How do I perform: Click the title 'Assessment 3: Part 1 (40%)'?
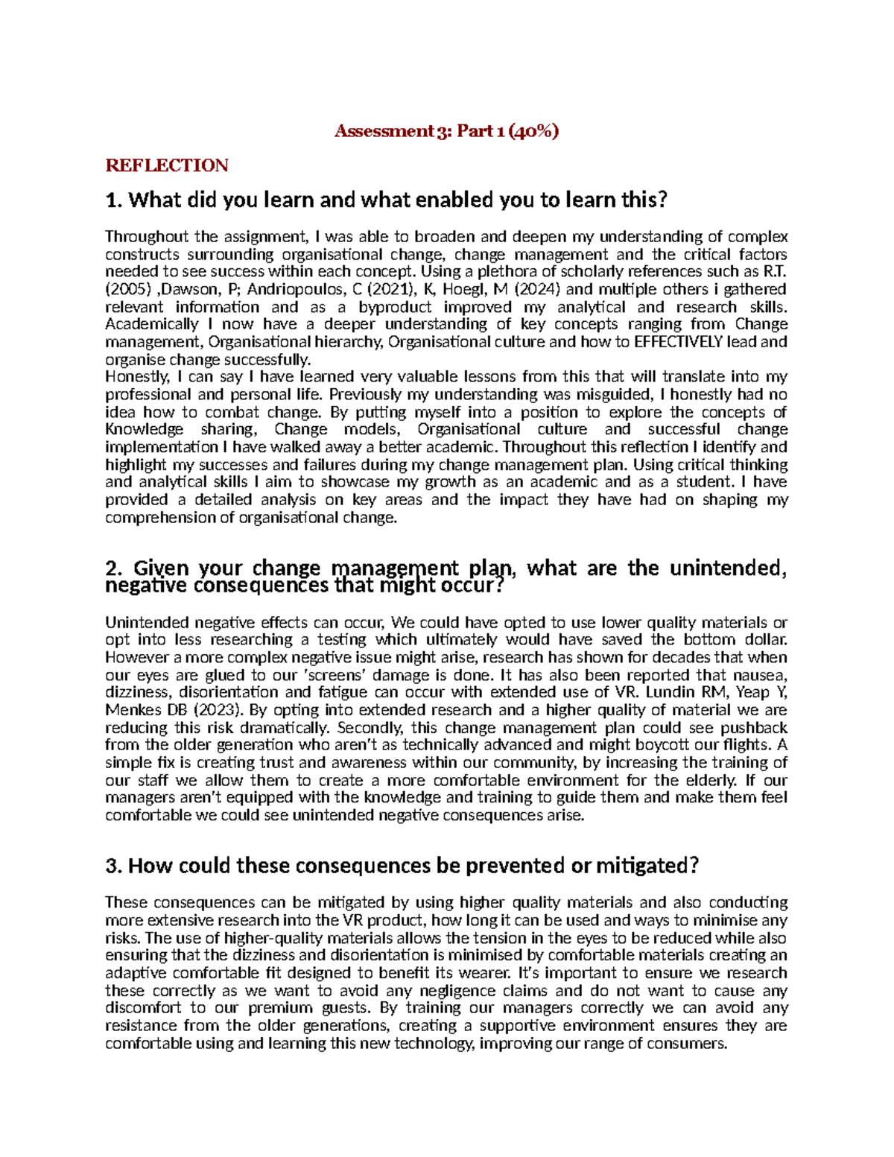pyautogui.click(x=446, y=132)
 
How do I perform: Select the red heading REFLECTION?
pyautogui.click(x=167, y=165)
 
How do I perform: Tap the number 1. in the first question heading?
pyautogui.click(x=113, y=200)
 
